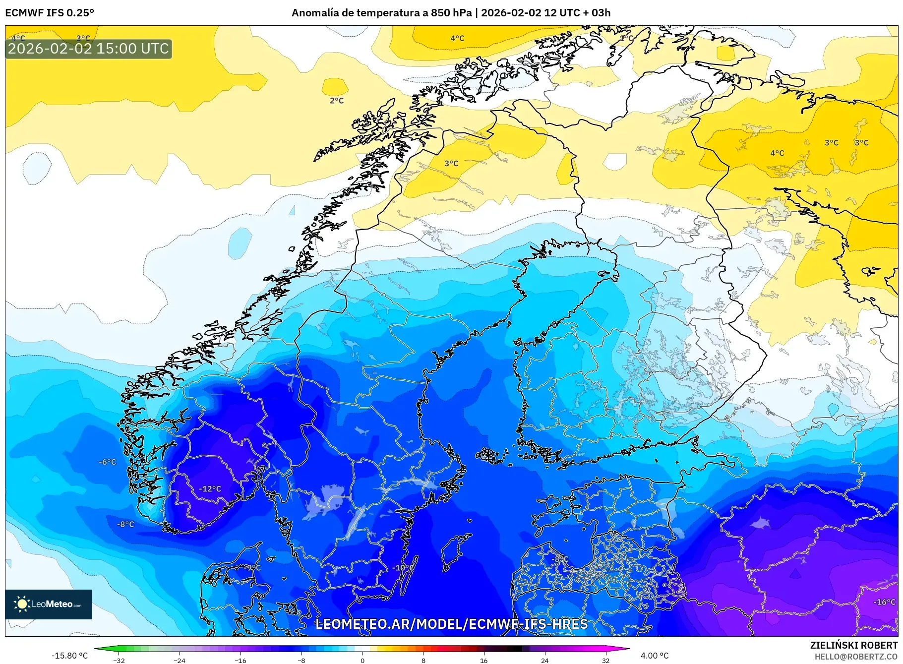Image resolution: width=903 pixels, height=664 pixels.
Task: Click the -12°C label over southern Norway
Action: point(210,489)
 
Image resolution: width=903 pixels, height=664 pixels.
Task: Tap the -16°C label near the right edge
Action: point(884,602)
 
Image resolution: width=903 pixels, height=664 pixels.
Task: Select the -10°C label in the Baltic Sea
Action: point(403,568)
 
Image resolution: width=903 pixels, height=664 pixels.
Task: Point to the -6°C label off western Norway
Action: point(107,462)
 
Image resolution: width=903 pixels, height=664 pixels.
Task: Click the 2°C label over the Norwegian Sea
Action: point(337,101)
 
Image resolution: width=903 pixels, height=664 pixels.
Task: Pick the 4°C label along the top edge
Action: point(457,38)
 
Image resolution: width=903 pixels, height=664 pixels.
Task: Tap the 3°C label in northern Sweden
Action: point(451,163)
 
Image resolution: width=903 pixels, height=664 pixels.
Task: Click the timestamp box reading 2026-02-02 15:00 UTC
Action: point(88,49)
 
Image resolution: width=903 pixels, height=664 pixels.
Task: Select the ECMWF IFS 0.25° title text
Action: point(50,13)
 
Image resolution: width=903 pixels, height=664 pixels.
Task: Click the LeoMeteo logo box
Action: point(49,604)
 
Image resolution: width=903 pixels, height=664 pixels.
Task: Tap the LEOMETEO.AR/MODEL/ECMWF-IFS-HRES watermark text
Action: point(451,624)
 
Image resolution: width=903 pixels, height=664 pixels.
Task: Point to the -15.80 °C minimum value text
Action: point(69,656)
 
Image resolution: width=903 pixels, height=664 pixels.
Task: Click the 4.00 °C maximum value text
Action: point(654,656)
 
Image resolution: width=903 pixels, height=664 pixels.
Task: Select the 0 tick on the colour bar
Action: point(362,661)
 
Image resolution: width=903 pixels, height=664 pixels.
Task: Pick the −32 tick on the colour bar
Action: point(119,661)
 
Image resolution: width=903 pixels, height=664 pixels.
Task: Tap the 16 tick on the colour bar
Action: point(483,661)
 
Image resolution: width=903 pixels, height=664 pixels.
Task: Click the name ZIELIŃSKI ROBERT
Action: point(853,645)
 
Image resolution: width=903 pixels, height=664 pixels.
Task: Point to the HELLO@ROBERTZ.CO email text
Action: point(856,657)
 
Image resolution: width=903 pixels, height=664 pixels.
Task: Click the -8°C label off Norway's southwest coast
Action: point(125,524)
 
